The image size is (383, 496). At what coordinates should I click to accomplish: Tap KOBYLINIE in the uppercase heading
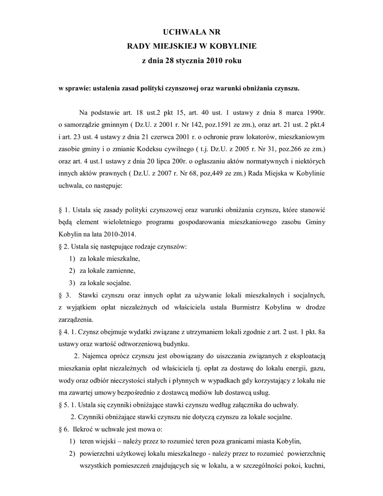click(x=233, y=46)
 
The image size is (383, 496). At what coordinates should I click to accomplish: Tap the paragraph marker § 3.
click(x=64, y=295)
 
